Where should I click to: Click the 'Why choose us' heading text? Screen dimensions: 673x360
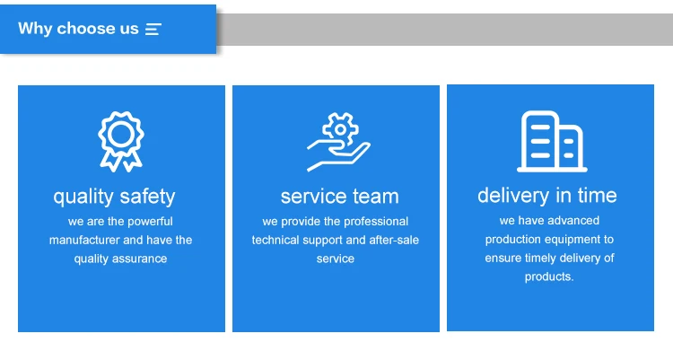coord(78,29)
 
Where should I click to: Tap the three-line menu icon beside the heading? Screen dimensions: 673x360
coord(153,29)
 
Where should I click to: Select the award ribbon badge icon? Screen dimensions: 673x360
coord(121,140)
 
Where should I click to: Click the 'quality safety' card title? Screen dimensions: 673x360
coord(114,196)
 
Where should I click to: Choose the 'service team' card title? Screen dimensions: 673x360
coord(339,196)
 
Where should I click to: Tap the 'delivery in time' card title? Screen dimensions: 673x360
coord(547,195)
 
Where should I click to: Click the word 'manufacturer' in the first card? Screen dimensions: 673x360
coord(83,240)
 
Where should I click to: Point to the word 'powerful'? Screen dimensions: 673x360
coord(151,221)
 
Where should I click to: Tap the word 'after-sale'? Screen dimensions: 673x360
coord(394,240)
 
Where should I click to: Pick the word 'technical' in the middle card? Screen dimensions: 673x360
coord(277,240)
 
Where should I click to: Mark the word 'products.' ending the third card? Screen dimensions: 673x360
coord(549,277)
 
